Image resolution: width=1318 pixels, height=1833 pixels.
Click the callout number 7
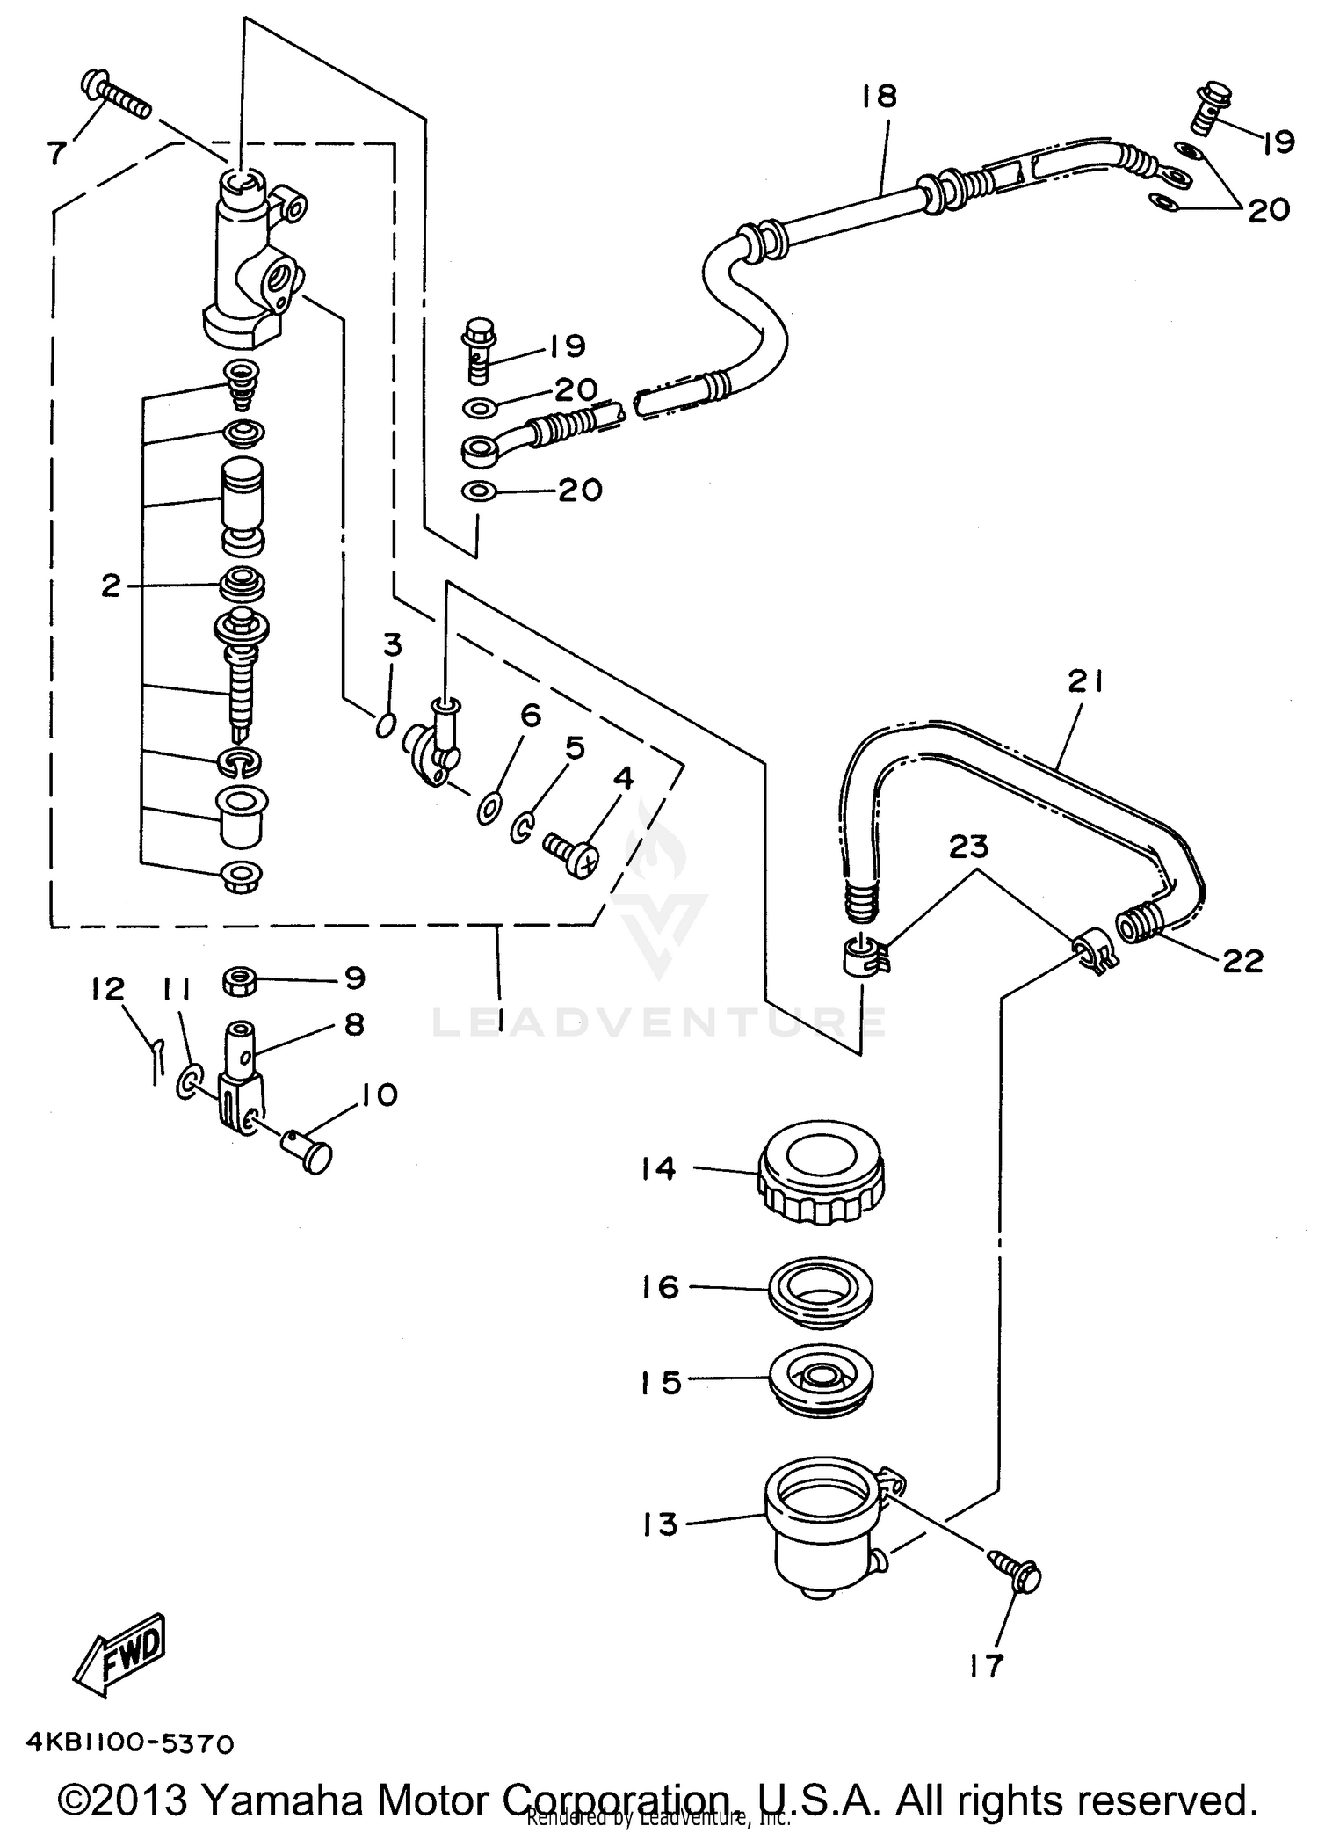[55, 153]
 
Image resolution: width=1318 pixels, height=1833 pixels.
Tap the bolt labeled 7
[115, 98]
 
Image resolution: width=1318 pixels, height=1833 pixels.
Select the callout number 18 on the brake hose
[879, 96]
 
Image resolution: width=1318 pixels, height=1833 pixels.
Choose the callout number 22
[1242, 961]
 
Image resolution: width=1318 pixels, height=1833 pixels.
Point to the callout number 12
[107, 989]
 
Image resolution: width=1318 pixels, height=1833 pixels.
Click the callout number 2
[110, 586]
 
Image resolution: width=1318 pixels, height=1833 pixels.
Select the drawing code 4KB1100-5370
[130, 1743]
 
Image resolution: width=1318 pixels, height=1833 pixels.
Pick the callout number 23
[968, 847]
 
